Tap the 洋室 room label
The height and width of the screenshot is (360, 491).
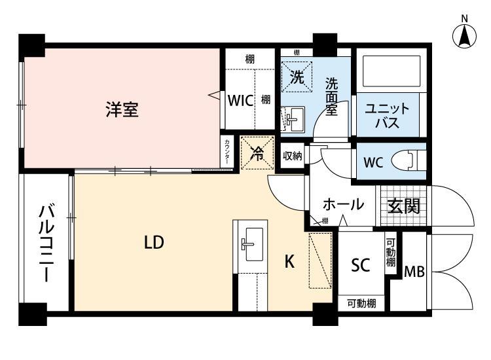tap(122, 109)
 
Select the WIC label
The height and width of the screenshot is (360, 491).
tap(240, 101)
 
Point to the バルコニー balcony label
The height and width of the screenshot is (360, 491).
tap(46, 242)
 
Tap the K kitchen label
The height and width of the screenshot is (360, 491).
tap(289, 262)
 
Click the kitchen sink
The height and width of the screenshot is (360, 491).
tap(251, 243)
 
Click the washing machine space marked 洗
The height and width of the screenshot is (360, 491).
tap(297, 77)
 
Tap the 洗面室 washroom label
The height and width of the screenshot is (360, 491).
tap(331, 96)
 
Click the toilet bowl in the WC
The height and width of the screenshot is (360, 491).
tap(410, 161)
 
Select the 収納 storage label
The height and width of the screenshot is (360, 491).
tap(292, 156)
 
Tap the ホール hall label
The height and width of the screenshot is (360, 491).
tap(342, 204)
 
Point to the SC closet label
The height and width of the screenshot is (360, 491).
tap(361, 265)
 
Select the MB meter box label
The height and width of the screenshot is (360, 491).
tap(414, 271)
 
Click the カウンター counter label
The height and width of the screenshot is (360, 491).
tap(227, 153)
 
